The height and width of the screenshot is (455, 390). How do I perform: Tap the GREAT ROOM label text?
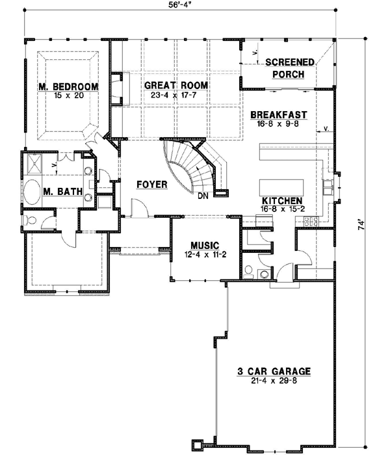click(176, 85)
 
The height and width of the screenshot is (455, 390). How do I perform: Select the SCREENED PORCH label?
click(290, 68)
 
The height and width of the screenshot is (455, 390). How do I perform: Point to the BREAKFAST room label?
click(279, 114)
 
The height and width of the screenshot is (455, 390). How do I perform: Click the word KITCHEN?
click(281, 201)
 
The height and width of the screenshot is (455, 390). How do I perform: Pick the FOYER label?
click(152, 185)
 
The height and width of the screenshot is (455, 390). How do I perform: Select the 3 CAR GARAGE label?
click(273, 371)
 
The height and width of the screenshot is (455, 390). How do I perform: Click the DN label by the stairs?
click(203, 195)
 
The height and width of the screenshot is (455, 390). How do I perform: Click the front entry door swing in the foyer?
click(138, 209)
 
